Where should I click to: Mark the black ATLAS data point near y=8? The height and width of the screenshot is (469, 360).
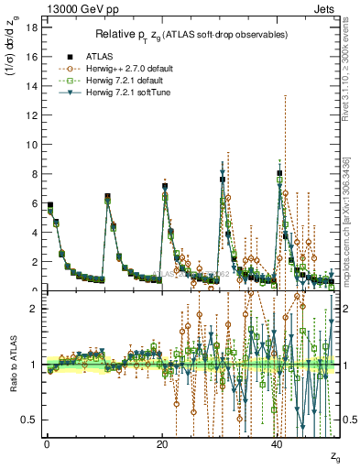coord(279,173)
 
